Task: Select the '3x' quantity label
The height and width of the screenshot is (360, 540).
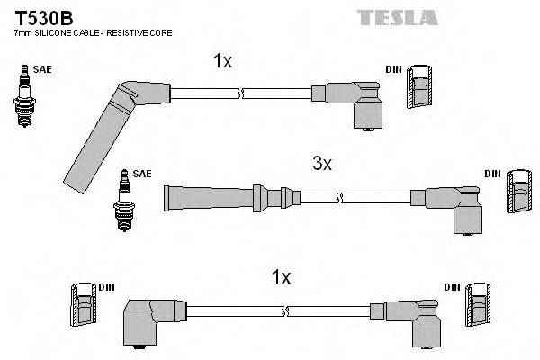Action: (321, 164)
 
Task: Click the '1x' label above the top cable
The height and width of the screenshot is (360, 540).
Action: (222, 61)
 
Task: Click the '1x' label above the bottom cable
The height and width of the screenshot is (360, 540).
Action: (281, 277)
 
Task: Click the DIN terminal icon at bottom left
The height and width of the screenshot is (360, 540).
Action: (82, 305)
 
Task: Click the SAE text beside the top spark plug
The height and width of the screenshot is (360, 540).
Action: (40, 67)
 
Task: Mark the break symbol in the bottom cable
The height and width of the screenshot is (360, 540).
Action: (285, 311)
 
